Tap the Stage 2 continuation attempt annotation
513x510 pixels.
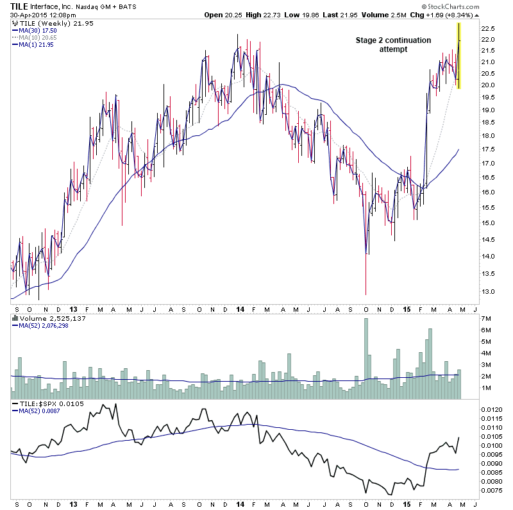click(x=393, y=45)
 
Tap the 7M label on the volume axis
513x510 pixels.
click(x=487, y=319)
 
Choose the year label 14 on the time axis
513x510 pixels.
click(x=239, y=307)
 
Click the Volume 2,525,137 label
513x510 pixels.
click(x=47, y=317)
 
